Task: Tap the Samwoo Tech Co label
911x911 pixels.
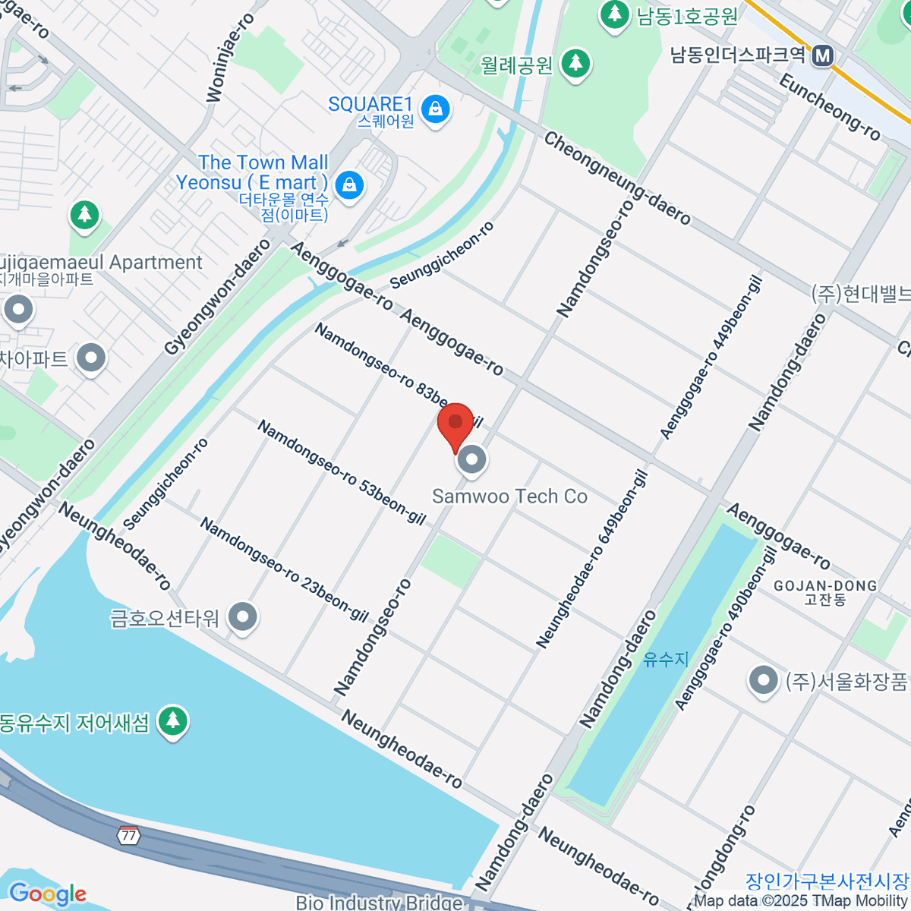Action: point(510,496)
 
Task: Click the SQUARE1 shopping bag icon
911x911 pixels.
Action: point(436,109)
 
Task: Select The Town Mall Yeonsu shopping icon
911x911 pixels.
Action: point(349,184)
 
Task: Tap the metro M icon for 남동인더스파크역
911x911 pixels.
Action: point(822,55)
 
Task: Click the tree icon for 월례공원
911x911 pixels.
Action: point(575,63)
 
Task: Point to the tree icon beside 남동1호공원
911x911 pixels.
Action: point(614,14)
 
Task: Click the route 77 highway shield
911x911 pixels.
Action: point(128,835)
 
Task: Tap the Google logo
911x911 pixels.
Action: point(47,894)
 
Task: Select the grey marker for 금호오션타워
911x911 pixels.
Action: point(243,617)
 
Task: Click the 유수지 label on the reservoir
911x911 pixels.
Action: point(666,659)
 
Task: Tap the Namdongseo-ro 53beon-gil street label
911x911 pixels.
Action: point(341,472)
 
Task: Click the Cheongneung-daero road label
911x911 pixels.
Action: point(617,179)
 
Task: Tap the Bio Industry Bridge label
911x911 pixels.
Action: point(379,903)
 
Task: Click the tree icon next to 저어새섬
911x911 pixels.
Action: point(173,720)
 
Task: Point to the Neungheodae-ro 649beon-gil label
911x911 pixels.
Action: point(592,560)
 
